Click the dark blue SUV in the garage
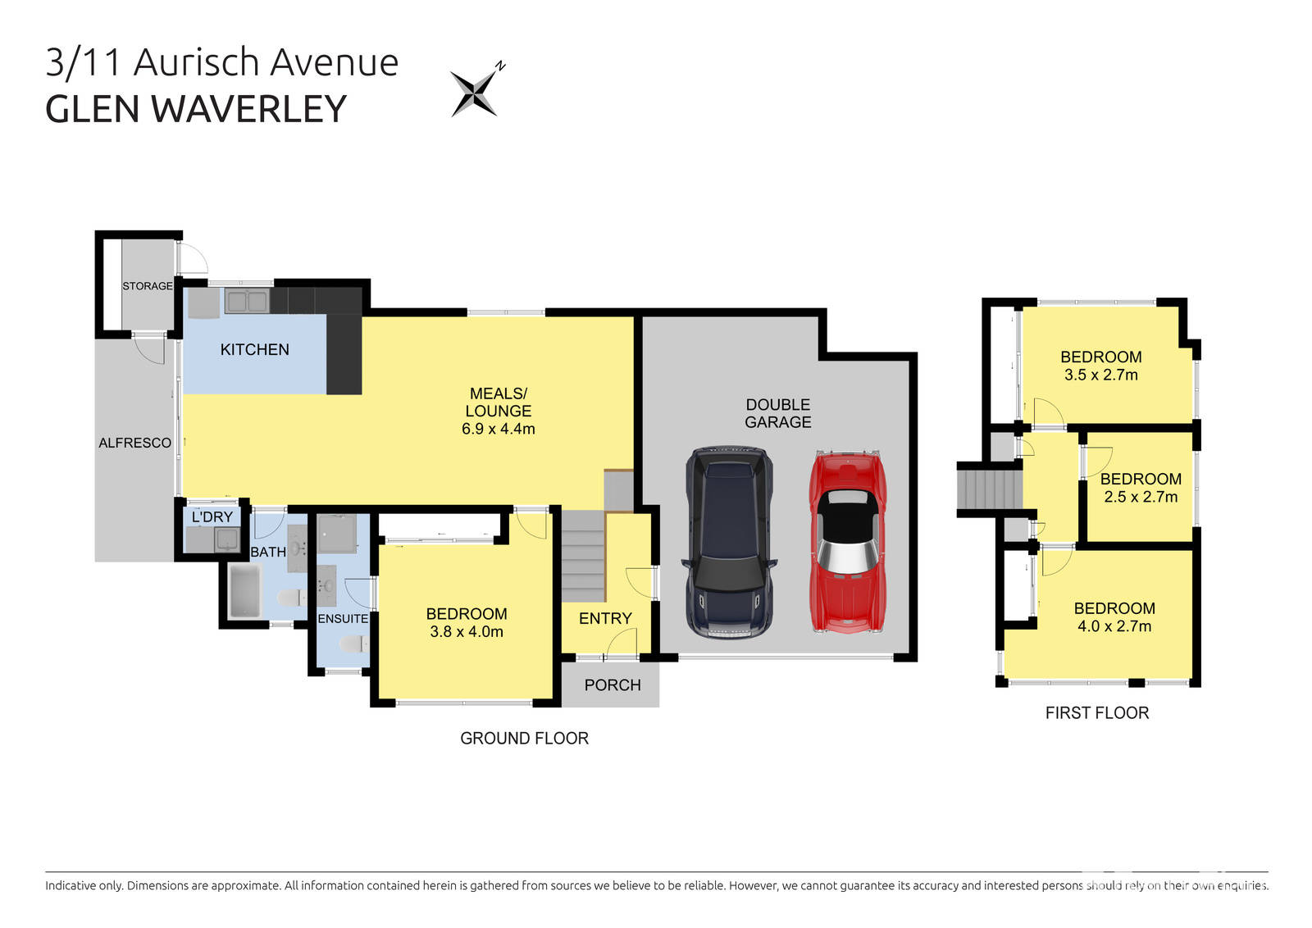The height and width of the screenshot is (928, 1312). (729, 542)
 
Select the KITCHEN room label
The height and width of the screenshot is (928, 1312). (255, 350)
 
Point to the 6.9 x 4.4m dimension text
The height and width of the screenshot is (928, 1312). (499, 429)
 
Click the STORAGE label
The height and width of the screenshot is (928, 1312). (148, 286)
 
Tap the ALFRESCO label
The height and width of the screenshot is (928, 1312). (135, 443)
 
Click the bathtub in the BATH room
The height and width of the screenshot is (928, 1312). (245, 591)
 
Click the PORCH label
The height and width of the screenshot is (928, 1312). (613, 685)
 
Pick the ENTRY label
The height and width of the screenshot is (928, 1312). (605, 619)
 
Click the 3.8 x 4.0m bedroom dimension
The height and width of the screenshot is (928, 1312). (467, 632)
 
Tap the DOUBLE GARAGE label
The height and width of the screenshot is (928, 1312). (778, 413)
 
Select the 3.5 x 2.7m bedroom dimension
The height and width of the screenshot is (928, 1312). (1101, 375)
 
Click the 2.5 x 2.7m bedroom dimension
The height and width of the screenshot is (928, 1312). (1141, 498)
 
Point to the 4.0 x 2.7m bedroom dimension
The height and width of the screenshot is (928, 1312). (1114, 626)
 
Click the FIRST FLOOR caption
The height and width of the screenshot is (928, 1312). (1097, 713)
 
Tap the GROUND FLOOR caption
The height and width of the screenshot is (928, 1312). (525, 739)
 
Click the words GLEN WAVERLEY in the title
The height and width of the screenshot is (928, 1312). (196, 110)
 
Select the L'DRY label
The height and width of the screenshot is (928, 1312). (212, 517)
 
